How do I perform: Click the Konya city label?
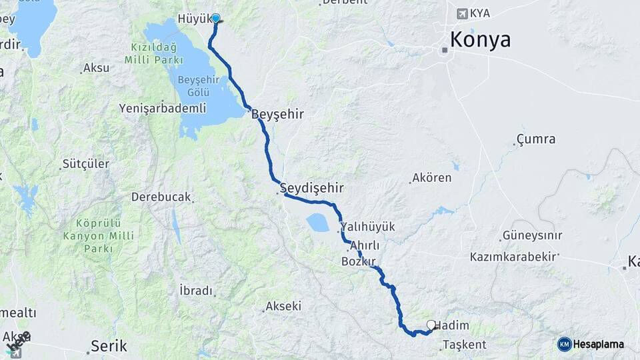(480, 40)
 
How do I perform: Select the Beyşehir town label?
(278, 115)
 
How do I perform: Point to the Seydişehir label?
(306, 187)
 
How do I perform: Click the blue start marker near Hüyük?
(215, 19)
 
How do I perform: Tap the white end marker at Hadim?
(431, 325)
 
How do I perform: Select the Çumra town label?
(536, 140)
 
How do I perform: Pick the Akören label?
(432, 178)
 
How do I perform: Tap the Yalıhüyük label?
(367, 227)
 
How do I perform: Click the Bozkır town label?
(359, 261)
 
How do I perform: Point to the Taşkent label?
(465, 345)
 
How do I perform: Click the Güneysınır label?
(533, 235)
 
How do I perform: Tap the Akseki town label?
(283, 307)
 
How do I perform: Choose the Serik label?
(109, 346)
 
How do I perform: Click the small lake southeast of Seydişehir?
(317, 223)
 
